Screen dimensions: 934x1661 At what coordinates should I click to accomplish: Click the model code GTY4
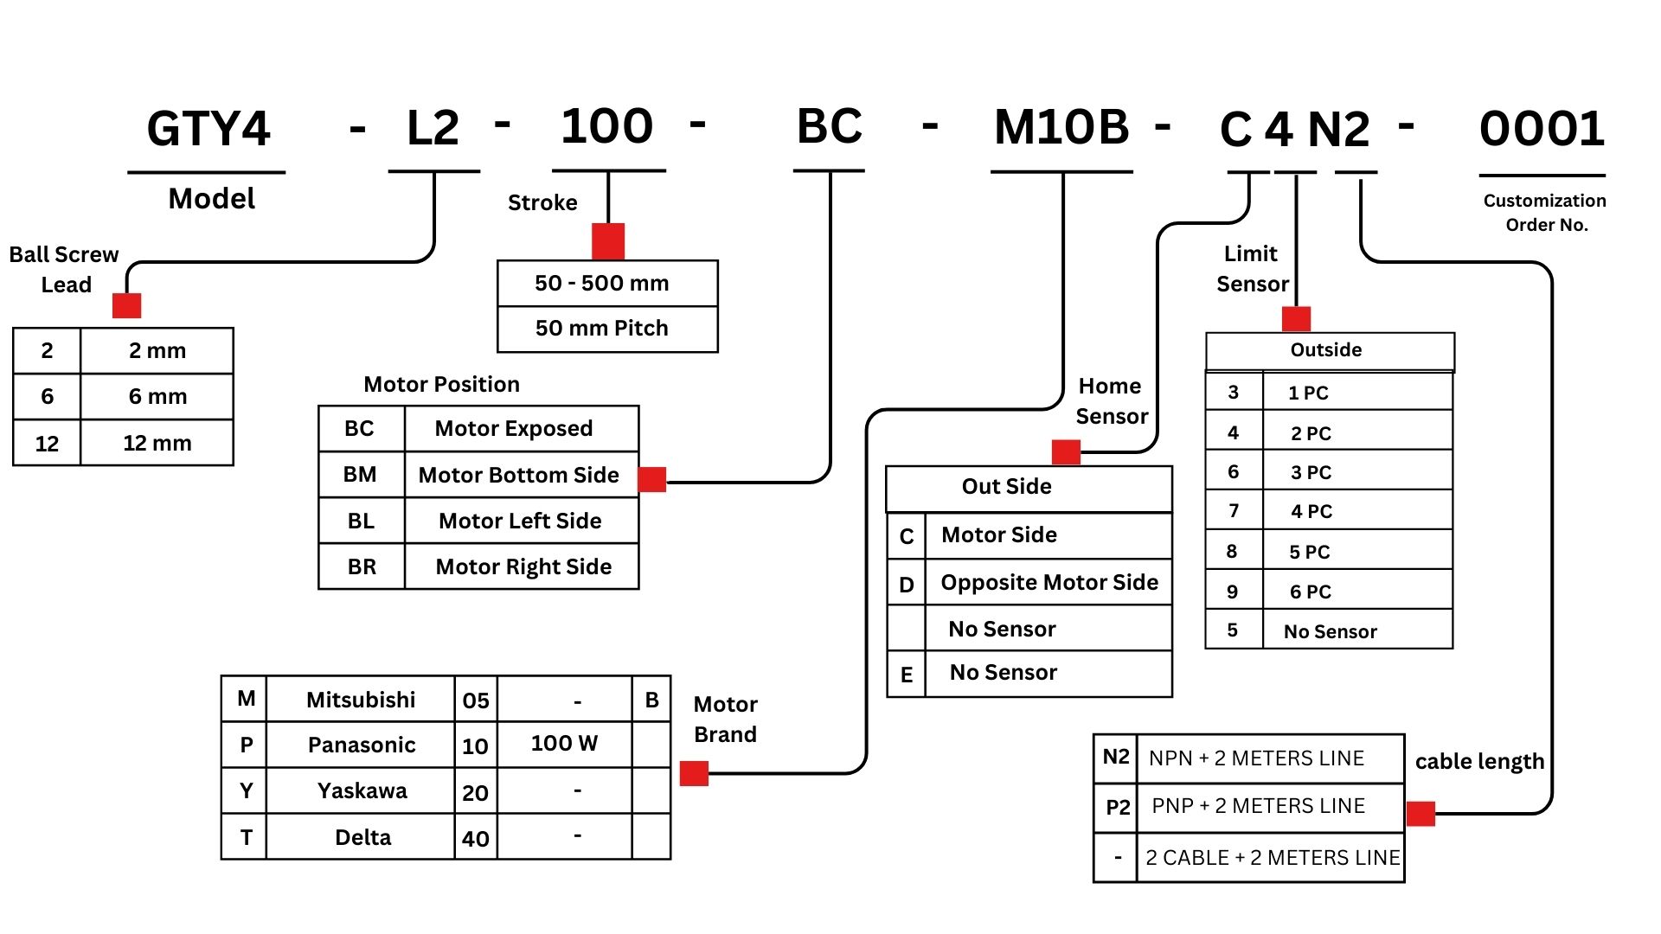click(208, 129)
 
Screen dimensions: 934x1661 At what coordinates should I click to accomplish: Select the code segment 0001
click(1542, 129)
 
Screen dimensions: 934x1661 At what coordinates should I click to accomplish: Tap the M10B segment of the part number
click(1061, 127)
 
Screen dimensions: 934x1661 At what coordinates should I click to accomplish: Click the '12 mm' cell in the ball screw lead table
click(157, 443)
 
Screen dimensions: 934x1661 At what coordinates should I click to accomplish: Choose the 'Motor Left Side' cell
click(521, 521)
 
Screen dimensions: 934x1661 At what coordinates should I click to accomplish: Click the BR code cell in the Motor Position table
click(362, 566)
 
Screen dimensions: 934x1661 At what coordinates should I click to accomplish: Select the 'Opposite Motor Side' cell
click(1049, 582)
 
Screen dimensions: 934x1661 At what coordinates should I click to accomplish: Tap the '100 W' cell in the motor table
click(564, 744)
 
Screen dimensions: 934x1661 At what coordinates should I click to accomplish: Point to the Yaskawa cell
click(362, 790)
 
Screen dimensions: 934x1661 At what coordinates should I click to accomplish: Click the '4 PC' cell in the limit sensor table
click(1311, 511)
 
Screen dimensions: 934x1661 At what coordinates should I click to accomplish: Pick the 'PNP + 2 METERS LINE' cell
click(1258, 806)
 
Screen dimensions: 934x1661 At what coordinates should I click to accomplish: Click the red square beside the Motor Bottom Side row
click(652, 479)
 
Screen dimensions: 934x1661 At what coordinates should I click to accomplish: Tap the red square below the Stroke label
click(608, 241)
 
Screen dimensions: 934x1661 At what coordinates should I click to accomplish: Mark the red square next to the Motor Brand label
click(694, 773)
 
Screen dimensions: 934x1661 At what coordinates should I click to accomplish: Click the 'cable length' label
click(1479, 761)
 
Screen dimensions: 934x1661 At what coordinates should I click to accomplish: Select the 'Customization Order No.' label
click(1545, 213)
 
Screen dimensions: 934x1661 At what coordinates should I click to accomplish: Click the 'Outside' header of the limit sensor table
click(1326, 350)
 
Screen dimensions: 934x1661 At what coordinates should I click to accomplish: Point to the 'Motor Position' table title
click(441, 384)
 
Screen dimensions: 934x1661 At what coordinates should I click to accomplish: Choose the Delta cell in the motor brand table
click(362, 837)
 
